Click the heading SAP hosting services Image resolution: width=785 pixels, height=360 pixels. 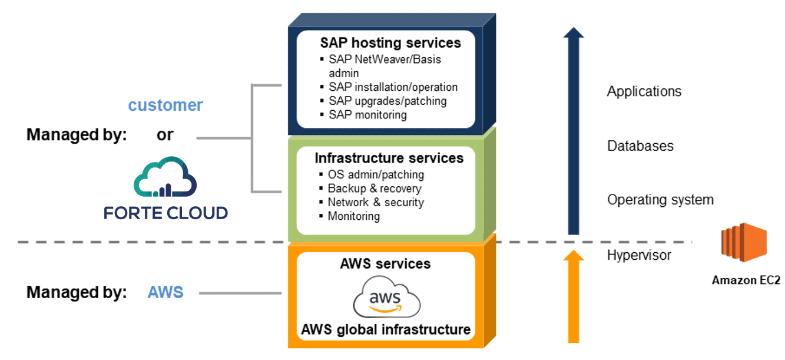(x=390, y=43)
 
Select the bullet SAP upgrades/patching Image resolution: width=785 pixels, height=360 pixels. (x=387, y=101)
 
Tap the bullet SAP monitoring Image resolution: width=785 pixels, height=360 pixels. (x=367, y=115)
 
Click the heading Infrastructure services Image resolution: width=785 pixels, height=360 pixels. (x=389, y=158)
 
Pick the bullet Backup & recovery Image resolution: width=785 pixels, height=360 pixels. (x=374, y=189)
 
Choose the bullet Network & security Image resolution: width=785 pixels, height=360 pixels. (x=375, y=202)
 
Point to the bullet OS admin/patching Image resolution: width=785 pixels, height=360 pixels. (x=375, y=174)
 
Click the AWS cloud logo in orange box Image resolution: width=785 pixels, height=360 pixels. (x=386, y=298)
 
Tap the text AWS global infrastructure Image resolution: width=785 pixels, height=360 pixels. (x=386, y=329)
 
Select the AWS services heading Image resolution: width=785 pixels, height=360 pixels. (x=385, y=263)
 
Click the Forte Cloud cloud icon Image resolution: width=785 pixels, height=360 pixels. (x=165, y=177)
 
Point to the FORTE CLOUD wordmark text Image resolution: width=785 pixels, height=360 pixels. (x=165, y=213)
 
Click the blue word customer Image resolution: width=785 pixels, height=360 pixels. (x=165, y=105)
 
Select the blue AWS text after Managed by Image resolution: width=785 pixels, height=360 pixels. (x=165, y=292)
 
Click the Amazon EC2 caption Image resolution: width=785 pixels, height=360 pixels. (x=746, y=280)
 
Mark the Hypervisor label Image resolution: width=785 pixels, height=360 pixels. (x=639, y=255)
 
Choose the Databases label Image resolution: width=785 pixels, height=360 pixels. (x=640, y=146)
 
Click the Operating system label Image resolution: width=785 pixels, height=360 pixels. (x=660, y=200)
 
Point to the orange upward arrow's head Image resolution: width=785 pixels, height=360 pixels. (x=574, y=256)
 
